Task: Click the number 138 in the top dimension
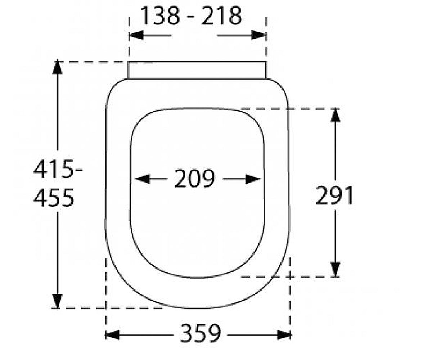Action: (x=160, y=16)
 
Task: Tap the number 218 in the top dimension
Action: (x=221, y=16)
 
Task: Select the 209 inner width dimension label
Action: (x=194, y=179)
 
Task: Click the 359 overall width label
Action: (x=200, y=333)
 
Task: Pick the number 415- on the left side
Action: (x=58, y=169)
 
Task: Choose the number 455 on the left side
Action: (x=54, y=197)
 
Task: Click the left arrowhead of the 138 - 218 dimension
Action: (x=136, y=35)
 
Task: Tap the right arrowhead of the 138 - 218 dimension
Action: (x=258, y=35)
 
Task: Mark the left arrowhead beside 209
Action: (x=142, y=179)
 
